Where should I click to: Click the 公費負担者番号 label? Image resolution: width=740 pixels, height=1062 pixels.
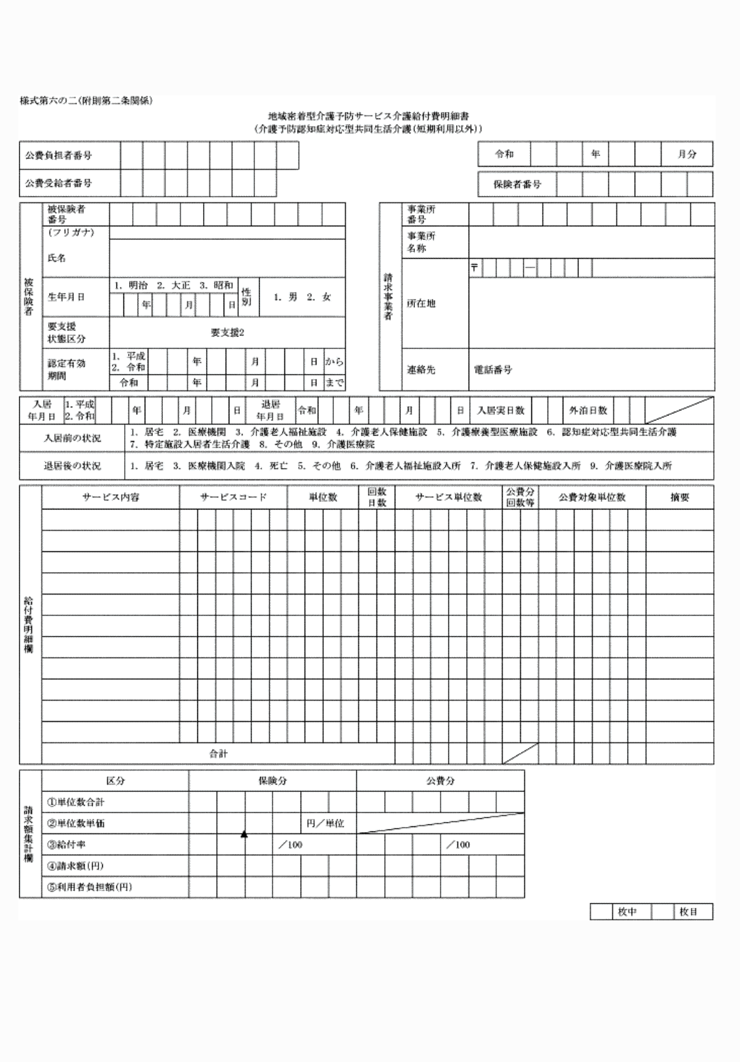click(x=58, y=155)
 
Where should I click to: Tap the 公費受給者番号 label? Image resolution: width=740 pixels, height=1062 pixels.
click(x=58, y=184)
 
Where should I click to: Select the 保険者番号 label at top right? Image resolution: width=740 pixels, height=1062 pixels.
click(x=517, y=184)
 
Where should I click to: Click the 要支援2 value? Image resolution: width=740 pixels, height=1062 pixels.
click(x=227, y=333)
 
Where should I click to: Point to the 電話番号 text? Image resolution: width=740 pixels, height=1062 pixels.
click(x=492, y=370)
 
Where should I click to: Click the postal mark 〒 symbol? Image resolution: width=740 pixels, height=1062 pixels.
click(x=474, y=268)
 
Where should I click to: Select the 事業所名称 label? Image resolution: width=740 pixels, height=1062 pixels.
click(x=420, y=242)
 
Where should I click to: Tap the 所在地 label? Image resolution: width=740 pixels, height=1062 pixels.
click(x=420, y=303)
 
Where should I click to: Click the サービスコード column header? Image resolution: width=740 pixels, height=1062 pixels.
click(x=233, y=497)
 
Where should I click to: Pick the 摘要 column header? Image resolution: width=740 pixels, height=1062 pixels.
click(x=679, y=497)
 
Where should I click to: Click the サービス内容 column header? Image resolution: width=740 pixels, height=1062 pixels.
click(x=110, y=497)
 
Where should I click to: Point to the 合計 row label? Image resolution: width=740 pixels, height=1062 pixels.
click(x=218, y=754)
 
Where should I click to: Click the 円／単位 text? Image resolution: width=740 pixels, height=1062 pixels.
click(x=325, y=823)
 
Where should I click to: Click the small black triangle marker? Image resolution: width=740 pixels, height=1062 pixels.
click(x=244, y=834)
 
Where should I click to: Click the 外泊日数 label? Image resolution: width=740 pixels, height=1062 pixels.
click(x=588, y=410)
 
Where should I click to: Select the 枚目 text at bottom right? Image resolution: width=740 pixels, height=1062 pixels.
click(x=689, y=912)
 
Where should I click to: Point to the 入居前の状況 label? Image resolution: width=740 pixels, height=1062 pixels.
click(x=72, y=438)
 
